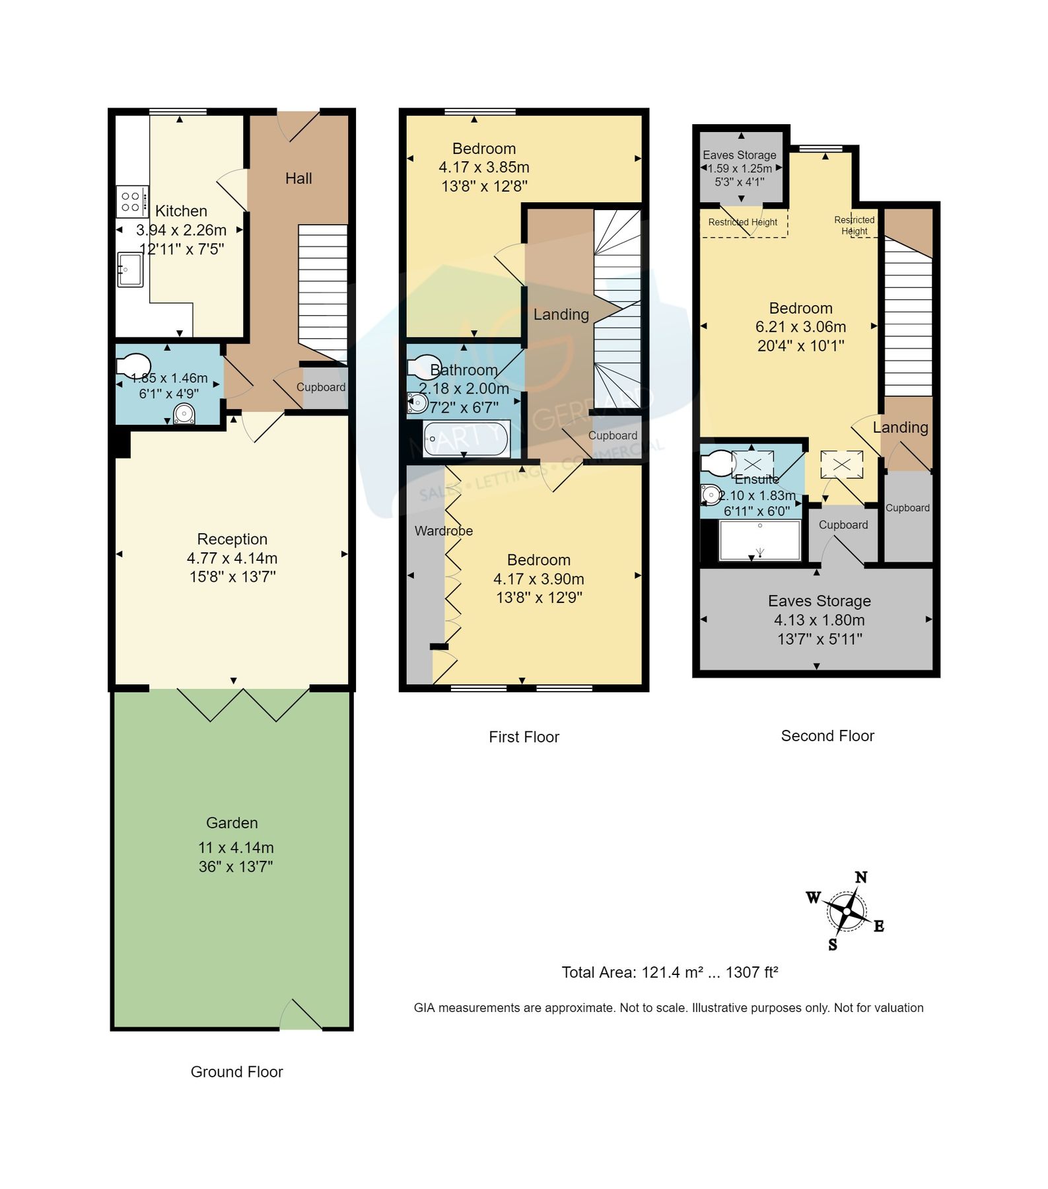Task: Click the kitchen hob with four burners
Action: click(x=131, y=201)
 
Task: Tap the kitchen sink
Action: click(x=129, y=270)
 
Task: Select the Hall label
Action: click(x=298, y=178)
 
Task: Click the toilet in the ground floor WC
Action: click(x=133, y=366)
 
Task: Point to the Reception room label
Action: click(x=232, y=539)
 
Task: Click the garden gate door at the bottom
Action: click(x=300, y=1016)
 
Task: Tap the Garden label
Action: click(x=232, y=823)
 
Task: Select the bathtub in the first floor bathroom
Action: click(x=466, y=439)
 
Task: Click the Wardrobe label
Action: click(x=443, y=531)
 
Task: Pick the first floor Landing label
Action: click(x=561, y=314)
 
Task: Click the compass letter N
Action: click(x=860, y=878)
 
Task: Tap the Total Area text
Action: click(x=670, y=972)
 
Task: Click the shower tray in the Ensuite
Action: click(x=759, y=540)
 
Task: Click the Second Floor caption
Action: click(x=827, y=736)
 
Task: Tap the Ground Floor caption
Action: click(x=236, y=1072)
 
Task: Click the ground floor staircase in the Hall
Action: click(x=323, y=291)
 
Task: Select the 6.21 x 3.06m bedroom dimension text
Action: click(x=800, y=327)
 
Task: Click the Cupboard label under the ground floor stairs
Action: click(x=320, y=388)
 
